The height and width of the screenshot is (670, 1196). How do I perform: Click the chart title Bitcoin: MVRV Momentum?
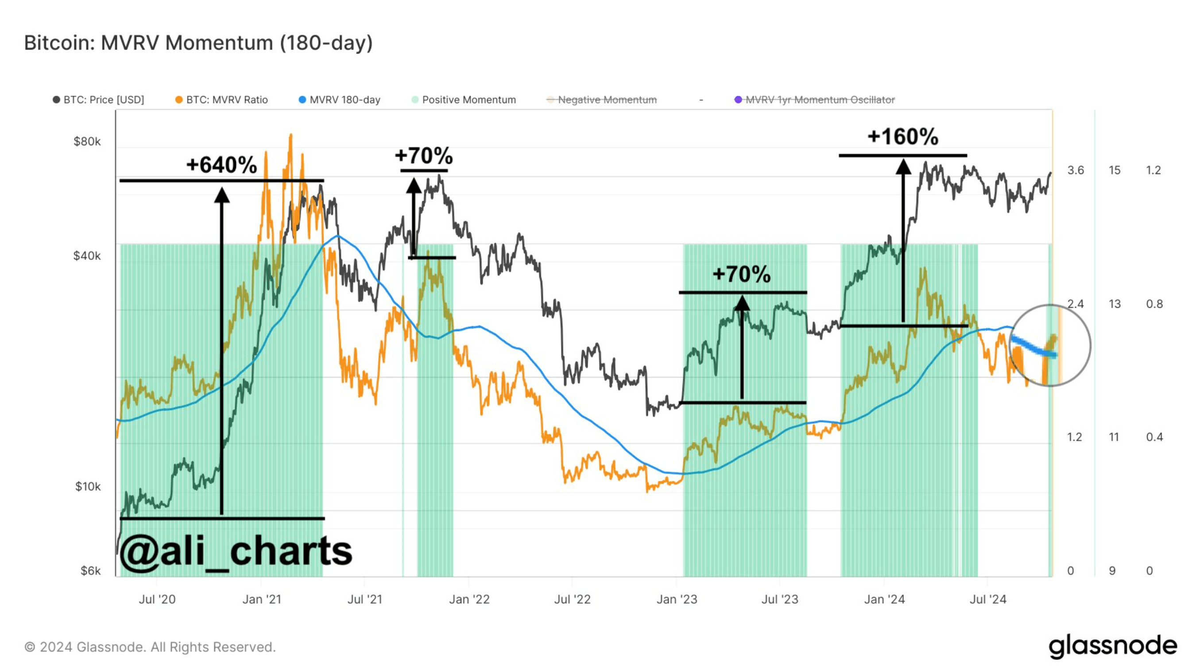click(198, 43)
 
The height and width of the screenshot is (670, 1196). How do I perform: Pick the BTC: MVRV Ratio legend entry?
click(222, 100)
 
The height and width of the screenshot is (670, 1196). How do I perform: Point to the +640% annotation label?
click(221, 165)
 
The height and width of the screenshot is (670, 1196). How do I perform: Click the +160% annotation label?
click(902, 136)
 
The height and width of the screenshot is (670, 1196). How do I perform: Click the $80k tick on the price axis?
click(87, 142)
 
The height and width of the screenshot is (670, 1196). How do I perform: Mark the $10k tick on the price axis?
click(88, 487)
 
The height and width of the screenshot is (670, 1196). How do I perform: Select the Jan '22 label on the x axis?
click(469, 600)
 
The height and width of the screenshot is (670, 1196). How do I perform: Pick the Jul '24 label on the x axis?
click(987, 600)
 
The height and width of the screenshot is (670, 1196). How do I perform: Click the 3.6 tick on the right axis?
click(1075, 170)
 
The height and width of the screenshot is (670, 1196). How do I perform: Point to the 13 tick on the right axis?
click(1114, 304)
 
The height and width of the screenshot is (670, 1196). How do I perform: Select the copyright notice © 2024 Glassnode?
click(150, 647)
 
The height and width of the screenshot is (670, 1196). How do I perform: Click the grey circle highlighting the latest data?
click(1050, 345)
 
